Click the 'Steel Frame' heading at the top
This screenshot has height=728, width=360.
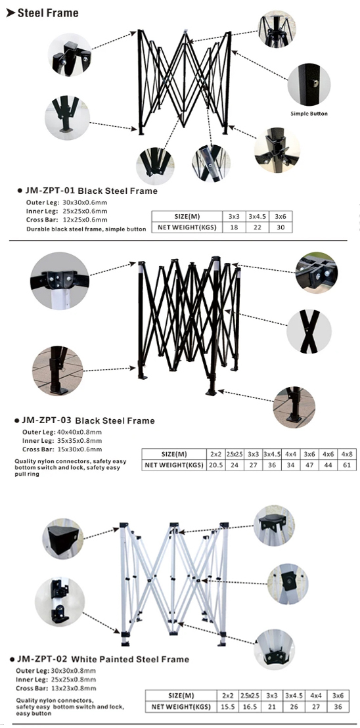(x=48, y=13)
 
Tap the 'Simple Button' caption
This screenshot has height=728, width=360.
(x=309, y=113)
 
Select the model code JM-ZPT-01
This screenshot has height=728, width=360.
(x=49, y=191)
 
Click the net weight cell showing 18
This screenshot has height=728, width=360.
(x=234, y=227)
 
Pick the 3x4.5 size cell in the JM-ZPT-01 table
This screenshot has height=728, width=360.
(x=256, y=216)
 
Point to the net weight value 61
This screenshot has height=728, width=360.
(x=347, y=465)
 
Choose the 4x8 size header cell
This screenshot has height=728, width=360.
(x=347, y=453)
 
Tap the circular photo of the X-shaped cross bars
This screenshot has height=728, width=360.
(x=309, y=332)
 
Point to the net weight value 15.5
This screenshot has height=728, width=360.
(x=228, y=706)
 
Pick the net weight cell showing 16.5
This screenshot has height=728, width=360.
(x=250, y=706)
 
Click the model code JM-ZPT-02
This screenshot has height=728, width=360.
(x=43, y=659)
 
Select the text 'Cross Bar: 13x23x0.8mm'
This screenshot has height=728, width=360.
(x=56, y=688)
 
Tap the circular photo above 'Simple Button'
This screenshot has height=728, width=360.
(x=309, y=85)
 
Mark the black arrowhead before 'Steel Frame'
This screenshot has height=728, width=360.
(x=11, y=13)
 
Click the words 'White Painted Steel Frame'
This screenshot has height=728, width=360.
(x=130, y=659)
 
